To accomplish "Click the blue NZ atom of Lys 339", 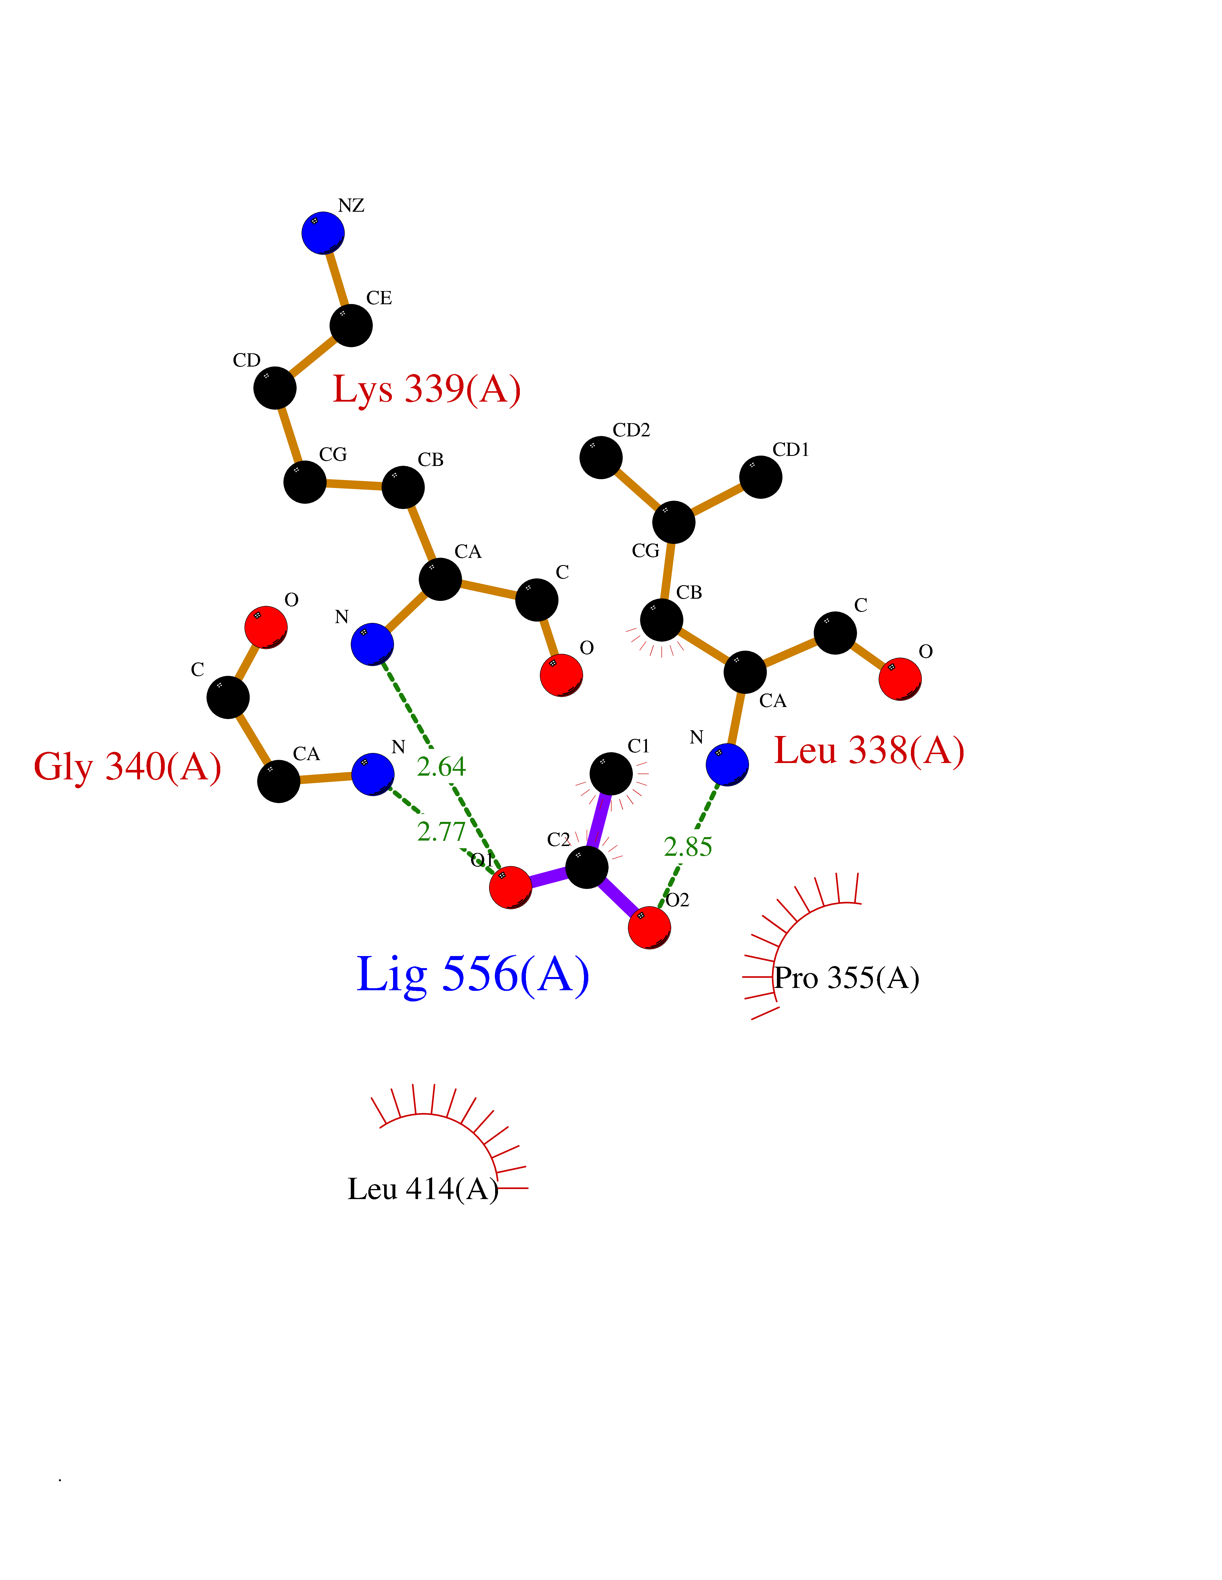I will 323,233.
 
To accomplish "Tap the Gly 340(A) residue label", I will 127,767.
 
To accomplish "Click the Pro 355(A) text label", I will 846,978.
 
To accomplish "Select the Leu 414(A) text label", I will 423,1189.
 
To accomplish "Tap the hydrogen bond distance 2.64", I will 441,766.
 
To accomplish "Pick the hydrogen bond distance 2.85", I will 688,846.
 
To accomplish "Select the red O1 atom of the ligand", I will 510,887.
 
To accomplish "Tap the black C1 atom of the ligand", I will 611,773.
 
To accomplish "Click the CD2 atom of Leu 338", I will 601,457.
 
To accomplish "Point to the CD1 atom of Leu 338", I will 761,477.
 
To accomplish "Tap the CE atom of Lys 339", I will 351,325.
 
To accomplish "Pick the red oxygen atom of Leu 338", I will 900,679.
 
